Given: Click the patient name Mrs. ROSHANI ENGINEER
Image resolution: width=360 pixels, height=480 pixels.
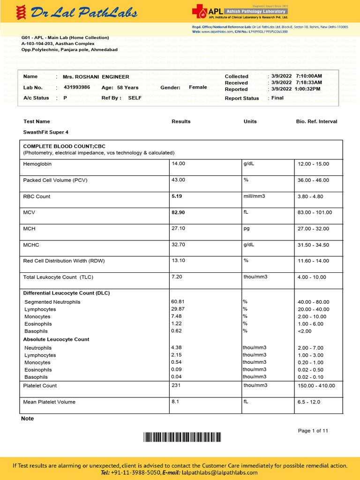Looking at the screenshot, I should [96, 76].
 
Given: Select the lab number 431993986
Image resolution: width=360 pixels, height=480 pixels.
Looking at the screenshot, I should [77, 87].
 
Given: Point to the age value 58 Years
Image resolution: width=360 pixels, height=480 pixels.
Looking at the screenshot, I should [127, 88].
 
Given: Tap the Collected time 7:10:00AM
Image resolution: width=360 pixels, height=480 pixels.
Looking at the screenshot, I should [309, 76].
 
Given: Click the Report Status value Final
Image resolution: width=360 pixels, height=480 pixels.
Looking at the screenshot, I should [277, 98].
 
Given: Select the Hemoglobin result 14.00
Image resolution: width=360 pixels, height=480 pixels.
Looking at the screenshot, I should [179, 164].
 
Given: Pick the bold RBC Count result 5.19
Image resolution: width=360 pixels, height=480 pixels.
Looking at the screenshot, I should [177, 196].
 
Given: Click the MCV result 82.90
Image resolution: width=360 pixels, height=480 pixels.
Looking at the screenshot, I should [178, 212].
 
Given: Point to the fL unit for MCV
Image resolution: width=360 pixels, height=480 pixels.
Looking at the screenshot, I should [246, 212].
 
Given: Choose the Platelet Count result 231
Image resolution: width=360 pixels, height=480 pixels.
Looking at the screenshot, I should [176, 385].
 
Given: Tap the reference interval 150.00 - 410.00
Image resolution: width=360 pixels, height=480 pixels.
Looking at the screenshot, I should [316, 386].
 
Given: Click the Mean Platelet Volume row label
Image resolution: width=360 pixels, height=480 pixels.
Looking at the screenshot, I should [49, 402].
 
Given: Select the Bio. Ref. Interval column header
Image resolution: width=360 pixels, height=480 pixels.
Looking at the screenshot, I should [316, 121].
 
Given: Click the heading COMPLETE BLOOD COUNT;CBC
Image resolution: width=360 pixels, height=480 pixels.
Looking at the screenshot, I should [64, 146].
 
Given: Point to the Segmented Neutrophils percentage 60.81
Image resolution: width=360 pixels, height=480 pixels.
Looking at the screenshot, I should [178, 302].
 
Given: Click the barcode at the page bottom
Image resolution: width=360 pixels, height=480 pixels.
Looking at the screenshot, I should [182, 438].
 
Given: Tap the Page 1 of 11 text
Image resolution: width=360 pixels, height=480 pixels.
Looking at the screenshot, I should [313, 431].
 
